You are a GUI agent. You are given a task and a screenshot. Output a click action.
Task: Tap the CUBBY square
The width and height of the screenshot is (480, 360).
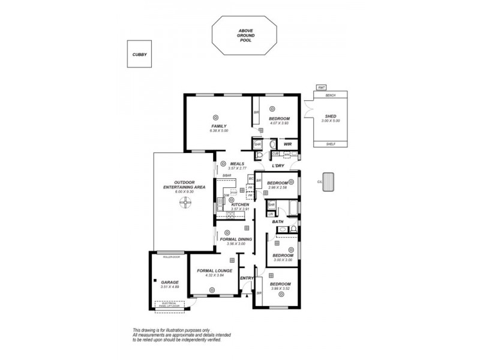point(139,54)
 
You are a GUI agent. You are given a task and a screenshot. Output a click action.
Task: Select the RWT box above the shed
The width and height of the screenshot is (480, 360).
point(322,88)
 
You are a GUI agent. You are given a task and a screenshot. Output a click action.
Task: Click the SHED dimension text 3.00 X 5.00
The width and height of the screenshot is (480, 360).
point(330,121)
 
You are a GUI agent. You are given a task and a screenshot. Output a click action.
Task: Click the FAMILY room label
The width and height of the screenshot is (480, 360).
point(218,126)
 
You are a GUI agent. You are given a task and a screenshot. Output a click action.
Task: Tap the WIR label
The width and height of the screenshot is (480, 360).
point(287,145)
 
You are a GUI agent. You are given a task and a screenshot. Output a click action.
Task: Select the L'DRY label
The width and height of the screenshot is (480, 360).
point(277,166)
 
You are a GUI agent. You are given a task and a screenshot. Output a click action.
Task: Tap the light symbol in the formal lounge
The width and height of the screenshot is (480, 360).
point(212,290)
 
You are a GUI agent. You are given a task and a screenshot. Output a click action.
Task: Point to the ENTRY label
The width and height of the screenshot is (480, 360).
point(247,278)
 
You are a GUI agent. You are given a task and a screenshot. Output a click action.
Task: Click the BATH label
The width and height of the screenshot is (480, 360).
point(278,221)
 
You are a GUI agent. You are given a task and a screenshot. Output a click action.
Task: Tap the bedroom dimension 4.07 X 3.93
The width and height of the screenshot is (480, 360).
point(279,123)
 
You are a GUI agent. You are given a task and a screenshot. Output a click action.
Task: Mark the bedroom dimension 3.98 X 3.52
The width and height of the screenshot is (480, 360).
point(280,289)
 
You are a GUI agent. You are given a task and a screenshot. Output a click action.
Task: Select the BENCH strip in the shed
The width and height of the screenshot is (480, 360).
point(330,95)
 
